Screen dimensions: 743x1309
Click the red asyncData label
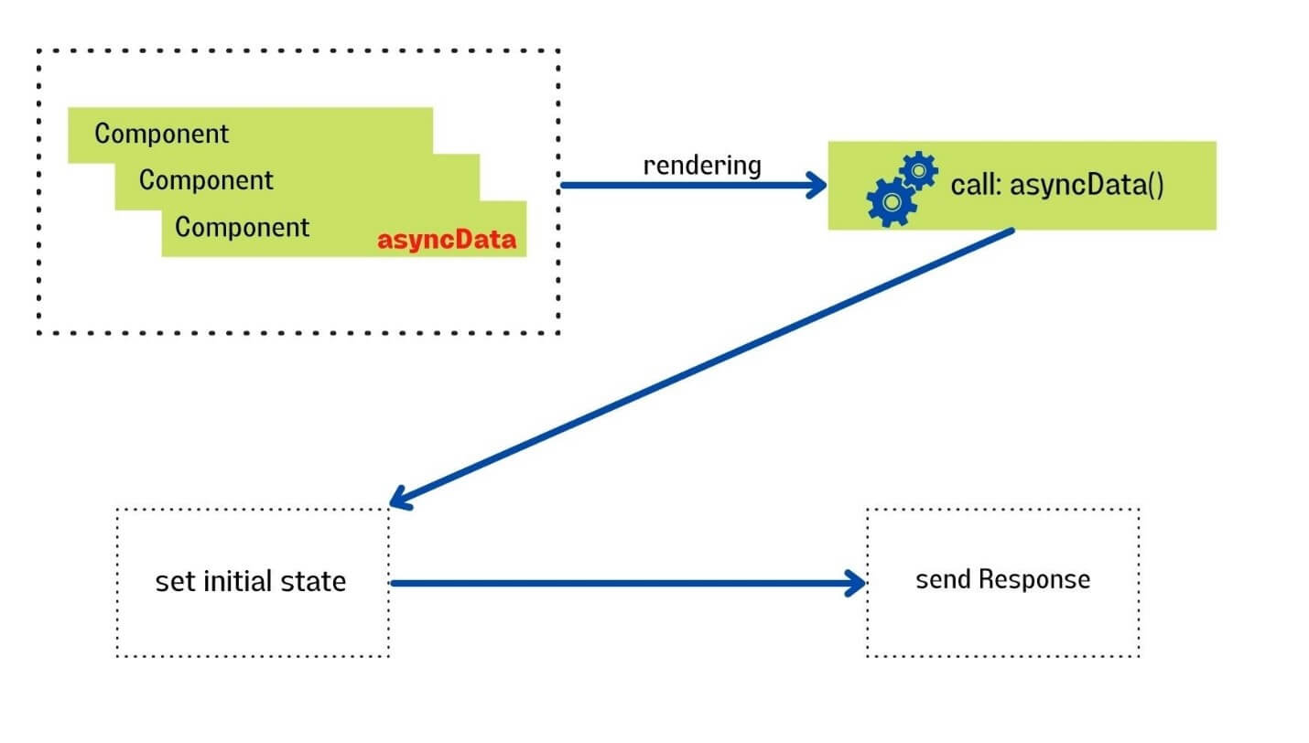point(447,242)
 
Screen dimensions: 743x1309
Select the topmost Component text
point(162,134)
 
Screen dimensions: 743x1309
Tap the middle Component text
point(206,180)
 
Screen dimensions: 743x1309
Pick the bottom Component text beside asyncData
point(243,227)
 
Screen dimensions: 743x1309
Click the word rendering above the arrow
point(702,166)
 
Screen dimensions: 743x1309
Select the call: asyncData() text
point(1057,186)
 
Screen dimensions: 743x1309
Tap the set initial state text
point(251,582)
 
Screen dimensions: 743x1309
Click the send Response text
point(1003,579)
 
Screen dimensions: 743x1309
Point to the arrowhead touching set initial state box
point(400,499)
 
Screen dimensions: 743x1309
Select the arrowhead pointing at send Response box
point(856,583)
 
